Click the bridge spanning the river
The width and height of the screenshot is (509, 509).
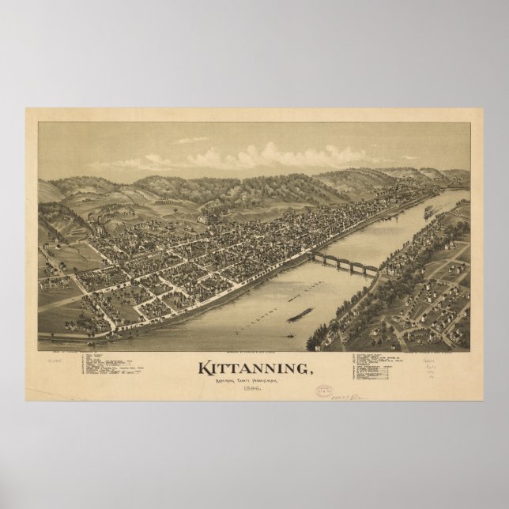pos(349,265)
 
